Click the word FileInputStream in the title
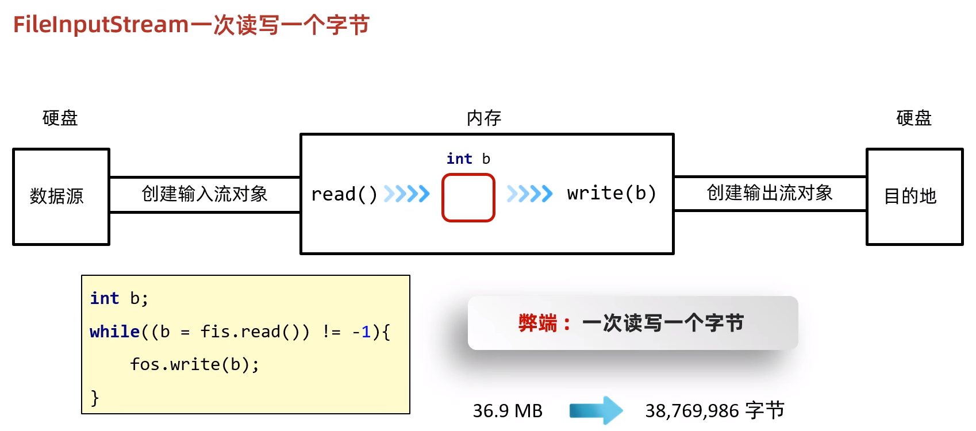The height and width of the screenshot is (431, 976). coord(101,25)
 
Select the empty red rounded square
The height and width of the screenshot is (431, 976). coord(468,198)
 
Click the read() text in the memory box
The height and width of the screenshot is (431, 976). coord(344,194)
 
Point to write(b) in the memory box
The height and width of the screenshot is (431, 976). coord(611,193)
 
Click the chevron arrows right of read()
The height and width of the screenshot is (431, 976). coord(407,194)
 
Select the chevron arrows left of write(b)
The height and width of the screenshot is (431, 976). coord(529,194)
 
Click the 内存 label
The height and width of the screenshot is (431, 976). coord(484,118)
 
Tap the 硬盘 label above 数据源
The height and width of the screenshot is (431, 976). coord(60,118)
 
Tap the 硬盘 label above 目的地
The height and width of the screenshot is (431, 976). coord(914,118)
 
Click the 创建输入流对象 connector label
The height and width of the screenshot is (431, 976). coord(205,194)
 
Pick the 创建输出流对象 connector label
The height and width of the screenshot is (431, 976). coord(770,193)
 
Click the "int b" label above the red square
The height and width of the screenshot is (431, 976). coord(468,159)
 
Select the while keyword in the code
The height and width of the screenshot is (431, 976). coord(115,332)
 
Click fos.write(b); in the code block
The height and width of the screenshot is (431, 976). coord(194,364)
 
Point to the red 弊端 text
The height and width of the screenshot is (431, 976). coord(538,323)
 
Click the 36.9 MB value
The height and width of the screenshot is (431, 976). coord(508,411)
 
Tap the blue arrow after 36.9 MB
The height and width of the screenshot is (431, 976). coord(596,410)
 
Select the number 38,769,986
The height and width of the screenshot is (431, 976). coord(692,411)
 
